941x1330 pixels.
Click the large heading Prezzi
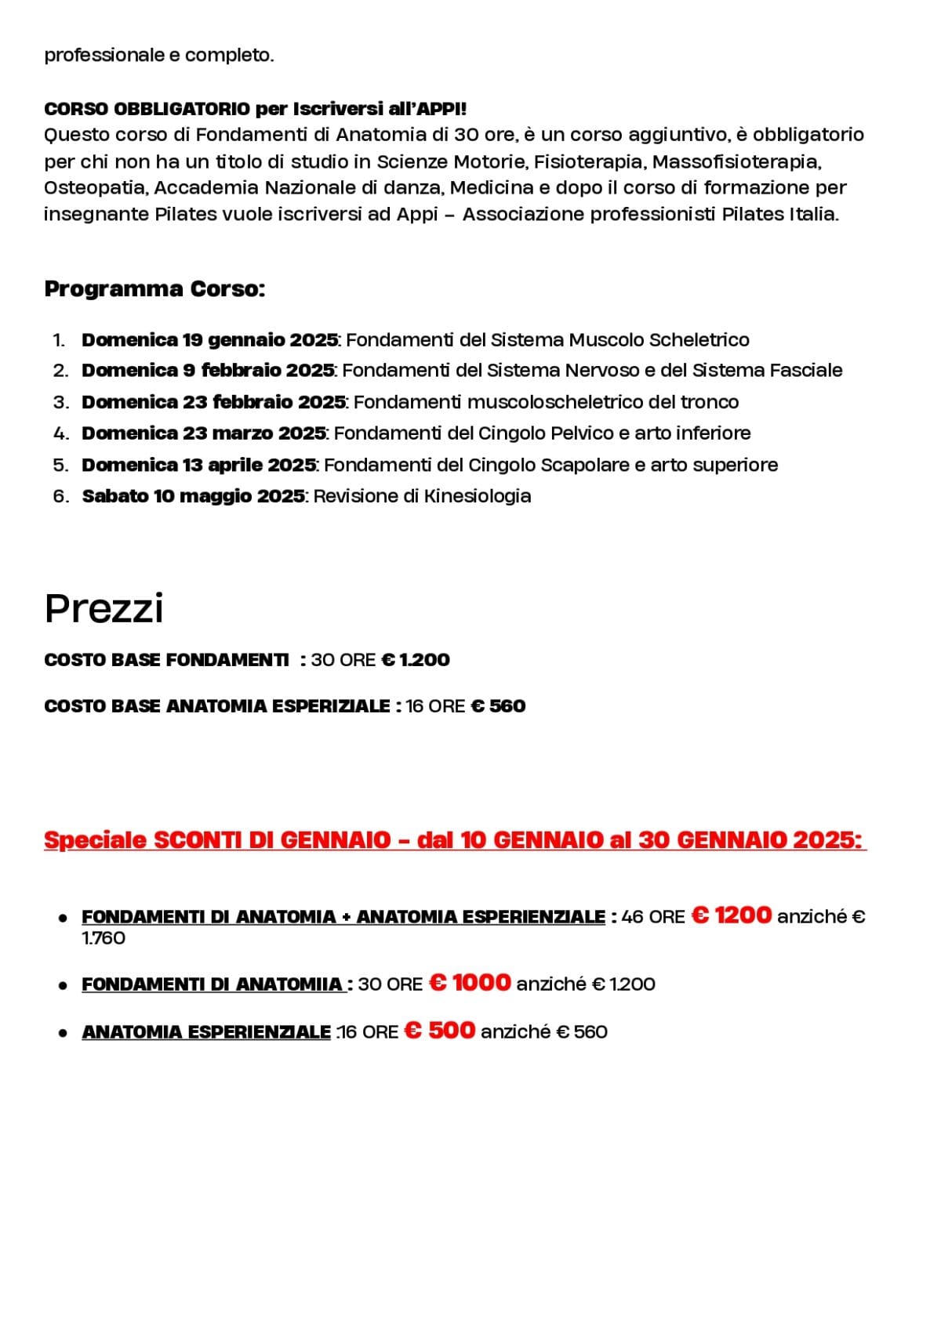coord(104,609)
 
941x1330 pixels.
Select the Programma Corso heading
coord(154,289)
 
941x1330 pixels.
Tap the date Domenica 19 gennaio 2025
coord(209,340)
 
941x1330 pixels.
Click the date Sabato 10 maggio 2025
coord(193,496)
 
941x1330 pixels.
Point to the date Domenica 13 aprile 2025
coord(198,465)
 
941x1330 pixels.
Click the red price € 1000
coord(470,983)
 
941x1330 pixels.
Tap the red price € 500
coord(440,1030)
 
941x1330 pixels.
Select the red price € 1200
coord(732,915)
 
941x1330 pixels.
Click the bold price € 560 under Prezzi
coord(498,706)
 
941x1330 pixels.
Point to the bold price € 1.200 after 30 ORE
coord(416,660)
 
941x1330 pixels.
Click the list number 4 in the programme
coord(60,433)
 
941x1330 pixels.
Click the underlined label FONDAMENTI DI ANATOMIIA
coord(213,984)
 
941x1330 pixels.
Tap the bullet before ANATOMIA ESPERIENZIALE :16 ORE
coord(63,1033)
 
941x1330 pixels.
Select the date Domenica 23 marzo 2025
coord(204,433)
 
